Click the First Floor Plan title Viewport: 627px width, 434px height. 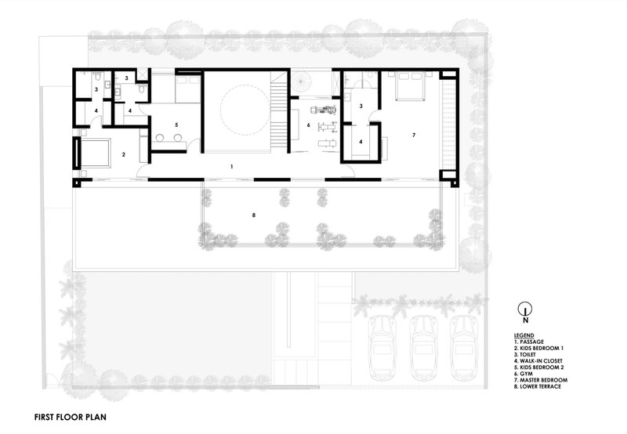coord(71,418)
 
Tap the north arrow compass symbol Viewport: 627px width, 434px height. coord(525,309)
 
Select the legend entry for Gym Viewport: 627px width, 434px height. coord(524,374)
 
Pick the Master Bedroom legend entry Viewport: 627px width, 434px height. coord(541,380)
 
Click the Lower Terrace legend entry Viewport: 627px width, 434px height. coord(538,386)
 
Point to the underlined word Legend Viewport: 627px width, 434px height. coord(524,336)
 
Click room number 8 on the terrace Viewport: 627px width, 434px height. coord(253,215)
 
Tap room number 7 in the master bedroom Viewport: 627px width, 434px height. coord(414,136)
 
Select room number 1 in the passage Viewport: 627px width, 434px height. coord(231,167)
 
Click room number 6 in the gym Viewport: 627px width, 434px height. coord(308,125)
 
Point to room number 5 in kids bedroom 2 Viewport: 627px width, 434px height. coord(176,125)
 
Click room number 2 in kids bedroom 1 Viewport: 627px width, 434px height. coord(124,154)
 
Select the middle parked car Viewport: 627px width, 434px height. coord(424,348)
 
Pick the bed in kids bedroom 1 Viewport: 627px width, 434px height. coord(95,152)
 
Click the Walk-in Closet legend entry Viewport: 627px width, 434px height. coord(538,361)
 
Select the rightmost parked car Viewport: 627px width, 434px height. coord(464,348)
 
